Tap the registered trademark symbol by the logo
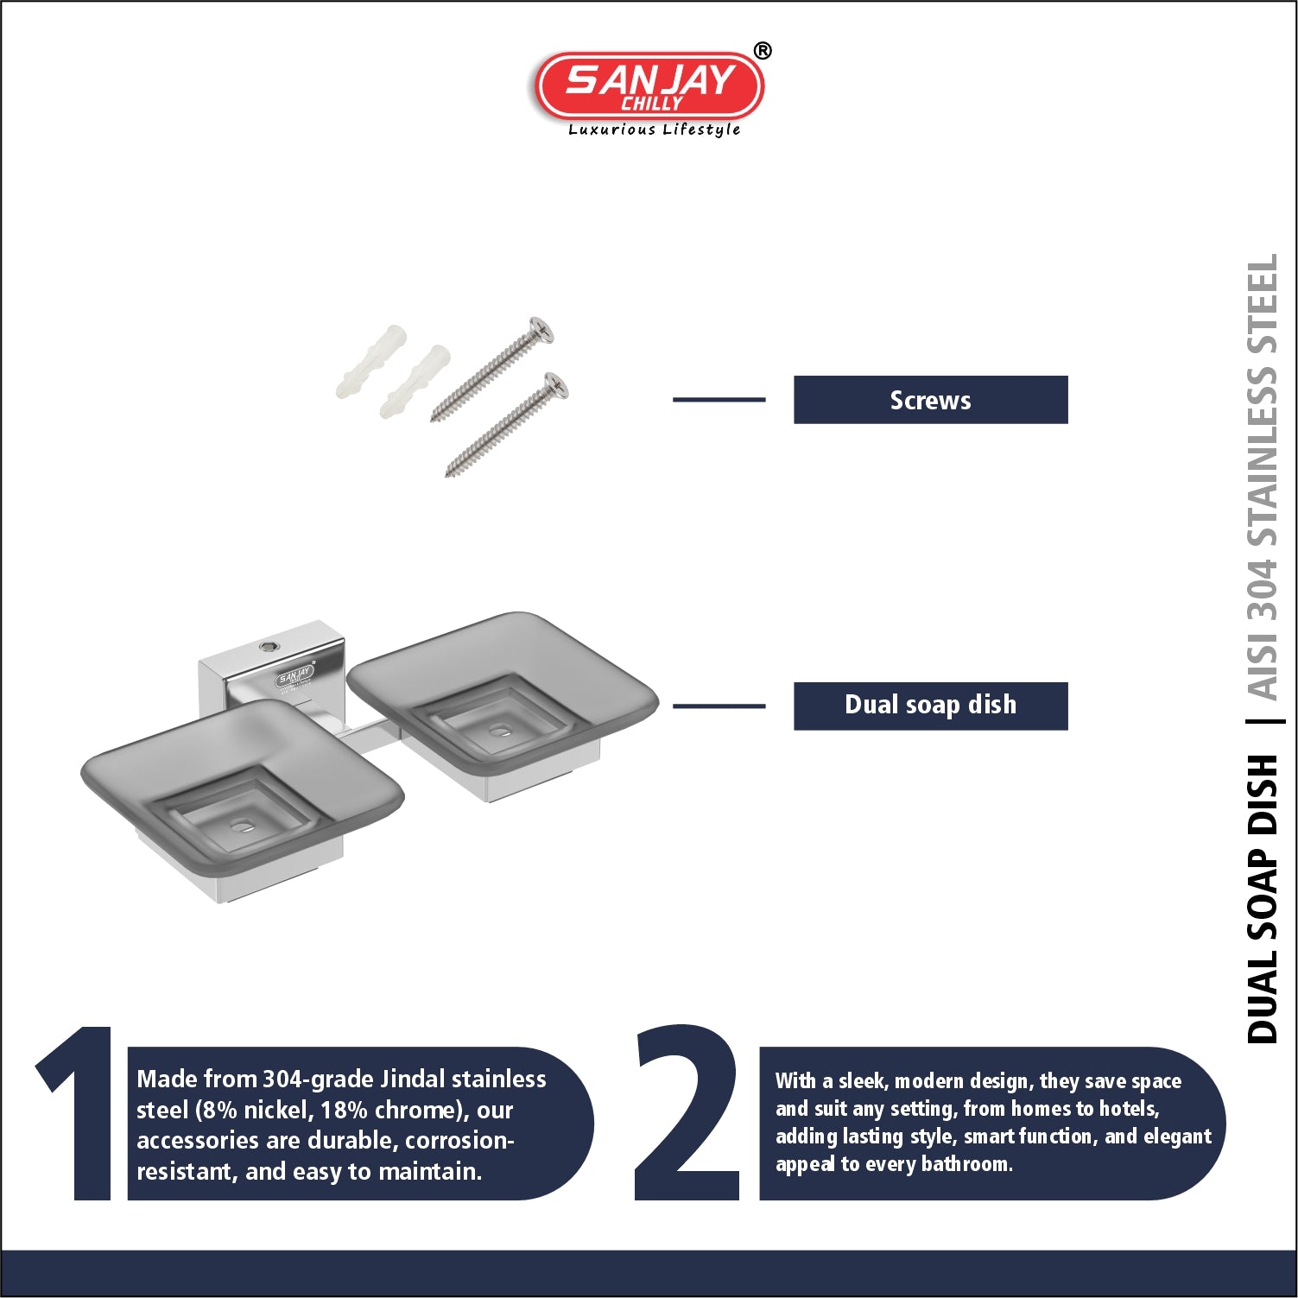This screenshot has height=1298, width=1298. tap(762, 52)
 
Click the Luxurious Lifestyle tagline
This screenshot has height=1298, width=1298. tap(654, 130)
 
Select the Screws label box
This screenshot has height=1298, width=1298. tap(930, 400)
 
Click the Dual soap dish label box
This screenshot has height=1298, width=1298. tap(930, 706)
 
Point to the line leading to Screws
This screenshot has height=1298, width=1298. tap(719, 400)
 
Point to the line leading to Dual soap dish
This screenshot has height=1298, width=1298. tap(719, 706)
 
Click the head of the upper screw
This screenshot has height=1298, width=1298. tap(541, 330)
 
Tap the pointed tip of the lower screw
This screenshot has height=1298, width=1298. tap(448, 473)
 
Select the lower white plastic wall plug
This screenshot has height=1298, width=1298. tap(415, 380)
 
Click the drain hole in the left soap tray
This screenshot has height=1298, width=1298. tap(243, 826)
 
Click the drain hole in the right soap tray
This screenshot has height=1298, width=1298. tap(500, 731)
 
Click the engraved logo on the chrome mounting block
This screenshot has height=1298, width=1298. tap(294, 676)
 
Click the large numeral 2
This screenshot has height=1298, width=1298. tap(687, 1114)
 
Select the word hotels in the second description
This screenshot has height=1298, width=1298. tap(1127, 1109)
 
